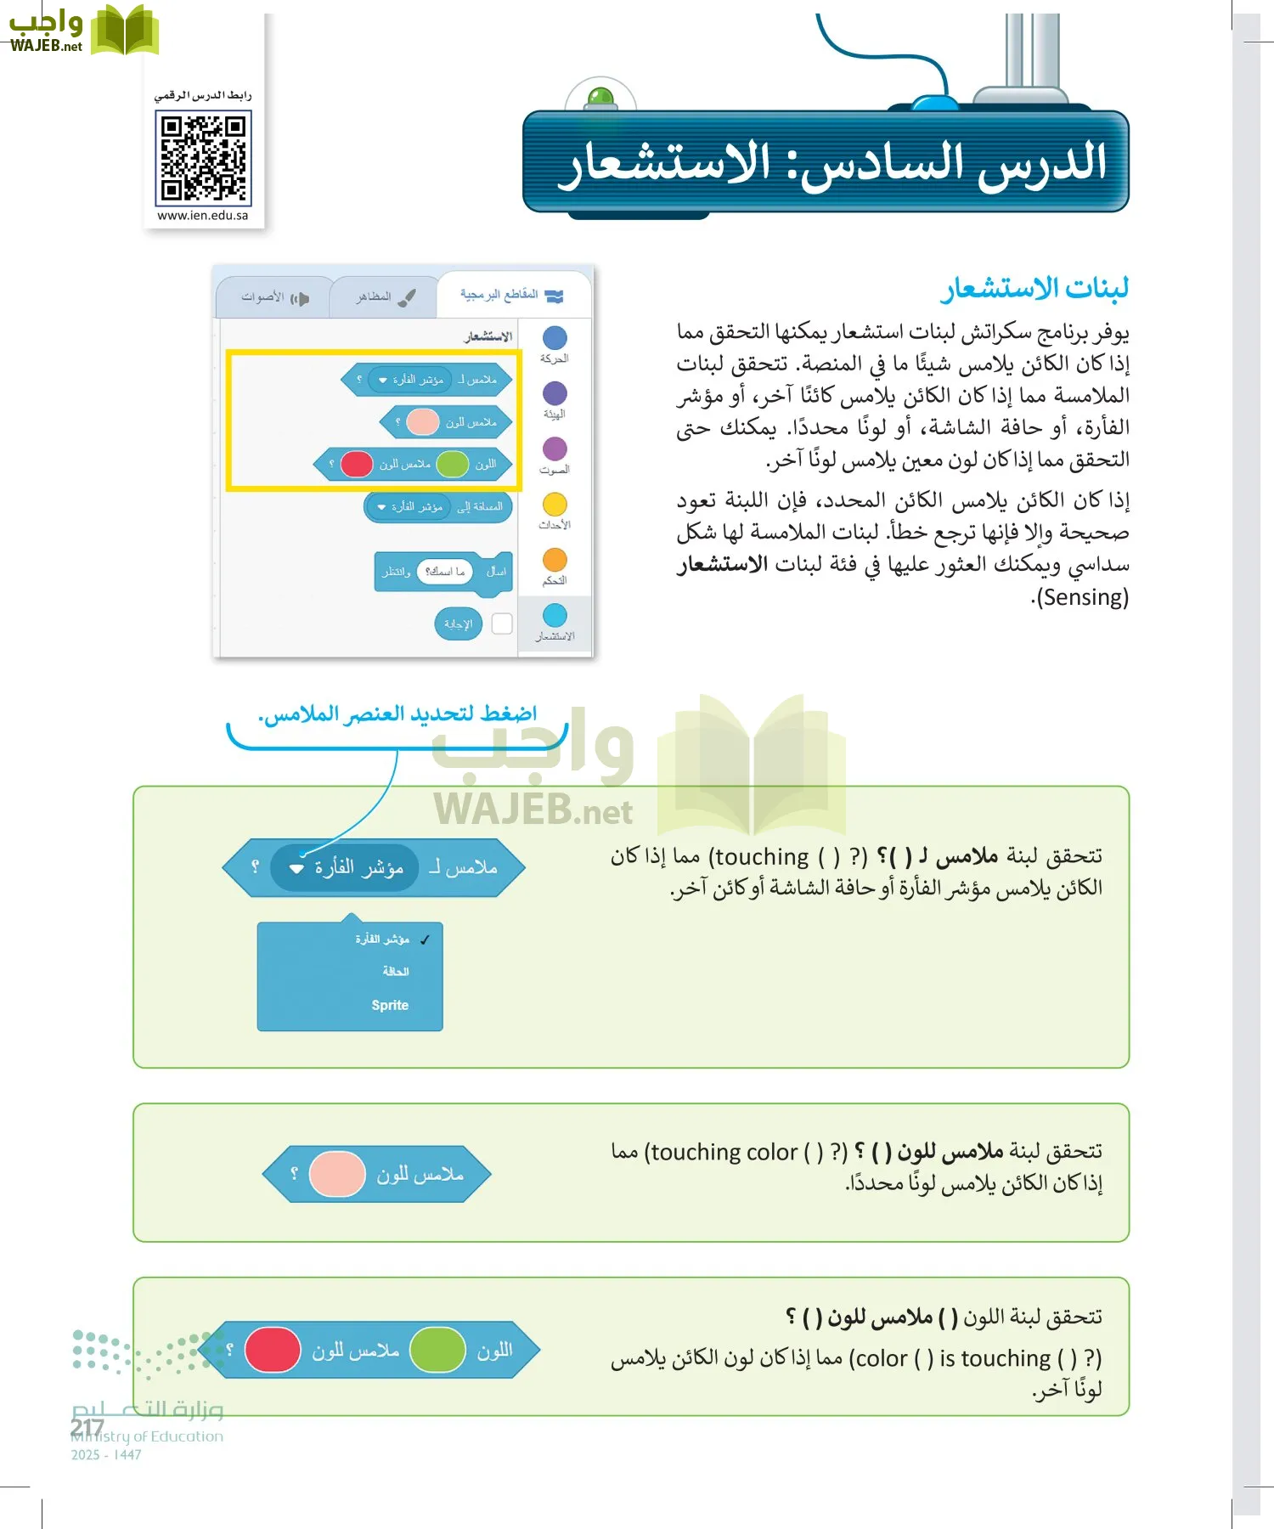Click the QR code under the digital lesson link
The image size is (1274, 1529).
203,160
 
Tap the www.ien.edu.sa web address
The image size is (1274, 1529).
203,216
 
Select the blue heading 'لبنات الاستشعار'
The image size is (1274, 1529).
1034,289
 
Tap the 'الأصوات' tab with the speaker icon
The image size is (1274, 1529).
273,298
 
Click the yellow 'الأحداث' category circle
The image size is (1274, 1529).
555,505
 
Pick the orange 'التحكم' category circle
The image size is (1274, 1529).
555,560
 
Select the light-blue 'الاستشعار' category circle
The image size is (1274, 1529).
555,615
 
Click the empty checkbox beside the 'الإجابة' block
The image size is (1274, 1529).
502,623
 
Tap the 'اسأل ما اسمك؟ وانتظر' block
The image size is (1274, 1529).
443,572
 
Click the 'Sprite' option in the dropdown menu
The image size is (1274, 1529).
390,1006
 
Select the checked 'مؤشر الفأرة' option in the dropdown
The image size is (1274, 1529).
383,939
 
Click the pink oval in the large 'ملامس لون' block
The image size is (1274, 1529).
337,1175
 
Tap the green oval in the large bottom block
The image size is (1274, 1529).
437,1350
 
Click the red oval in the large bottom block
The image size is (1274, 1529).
273,1350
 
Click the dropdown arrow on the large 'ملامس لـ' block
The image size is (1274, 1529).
296,869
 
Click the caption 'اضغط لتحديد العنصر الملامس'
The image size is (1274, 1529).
397,714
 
